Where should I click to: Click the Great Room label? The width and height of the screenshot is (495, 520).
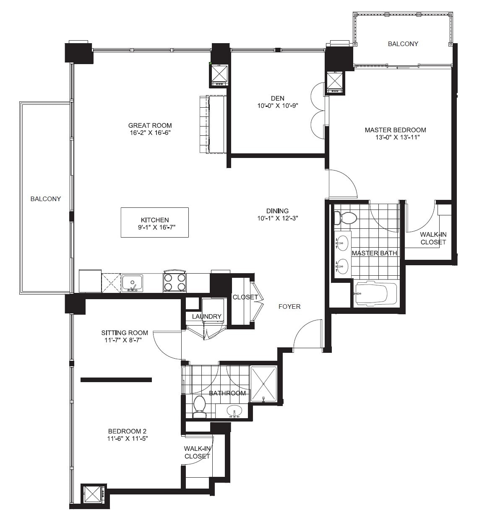pos(150,125)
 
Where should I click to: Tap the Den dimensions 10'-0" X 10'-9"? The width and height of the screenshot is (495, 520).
pos(277,106)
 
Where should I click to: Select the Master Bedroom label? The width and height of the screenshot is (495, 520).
pos(395,130)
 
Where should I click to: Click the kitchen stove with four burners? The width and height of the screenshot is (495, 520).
pos(175,282)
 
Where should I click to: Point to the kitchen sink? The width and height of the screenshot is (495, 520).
pos(132,283)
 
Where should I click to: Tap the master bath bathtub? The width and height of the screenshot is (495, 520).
pos(375,294)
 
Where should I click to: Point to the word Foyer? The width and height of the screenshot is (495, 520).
pos(289,307)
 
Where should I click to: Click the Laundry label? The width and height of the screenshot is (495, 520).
pos(206,316)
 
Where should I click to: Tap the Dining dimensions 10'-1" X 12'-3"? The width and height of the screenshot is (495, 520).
pos(277,218)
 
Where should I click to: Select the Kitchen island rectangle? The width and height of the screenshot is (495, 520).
pos(154,222)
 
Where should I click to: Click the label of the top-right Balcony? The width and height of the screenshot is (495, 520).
pos(403,44)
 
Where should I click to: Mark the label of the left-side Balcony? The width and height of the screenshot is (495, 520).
pos(46,199)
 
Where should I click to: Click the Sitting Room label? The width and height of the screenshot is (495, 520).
pos(125,333)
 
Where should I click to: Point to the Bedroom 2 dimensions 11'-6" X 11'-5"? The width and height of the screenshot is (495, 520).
pos(128,439)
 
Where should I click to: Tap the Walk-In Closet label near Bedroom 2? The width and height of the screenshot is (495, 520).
pos(197,452)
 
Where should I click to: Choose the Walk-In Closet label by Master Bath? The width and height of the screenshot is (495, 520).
pos(433,238)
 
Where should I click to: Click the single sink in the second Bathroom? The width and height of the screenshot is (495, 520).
pos(234,411)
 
